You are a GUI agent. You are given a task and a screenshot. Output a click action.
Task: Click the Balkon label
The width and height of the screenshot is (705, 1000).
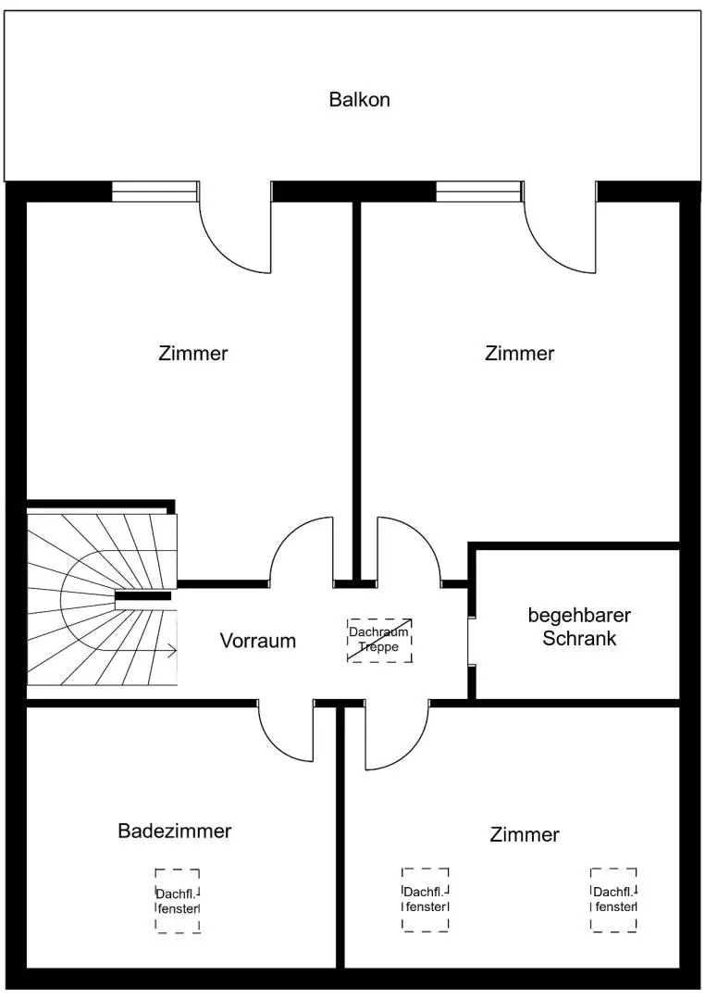tap(359, 100)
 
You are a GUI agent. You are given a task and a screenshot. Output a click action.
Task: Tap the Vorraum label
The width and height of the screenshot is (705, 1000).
tap(258, 640)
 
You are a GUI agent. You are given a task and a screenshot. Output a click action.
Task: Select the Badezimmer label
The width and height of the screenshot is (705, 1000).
tap(174, 831)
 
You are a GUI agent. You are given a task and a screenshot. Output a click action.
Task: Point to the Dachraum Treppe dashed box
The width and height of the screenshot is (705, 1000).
tap(379, 640)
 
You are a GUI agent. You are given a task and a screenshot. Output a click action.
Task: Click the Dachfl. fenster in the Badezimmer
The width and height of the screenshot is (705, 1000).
tap(178, 901)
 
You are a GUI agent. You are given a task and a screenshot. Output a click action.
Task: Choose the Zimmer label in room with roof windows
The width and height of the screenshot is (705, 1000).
tap(525, 835)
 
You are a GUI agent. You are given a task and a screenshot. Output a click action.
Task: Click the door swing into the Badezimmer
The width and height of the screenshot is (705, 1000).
tap(287, 731)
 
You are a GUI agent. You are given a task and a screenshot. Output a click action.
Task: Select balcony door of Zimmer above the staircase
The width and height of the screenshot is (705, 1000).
tap(237, 231)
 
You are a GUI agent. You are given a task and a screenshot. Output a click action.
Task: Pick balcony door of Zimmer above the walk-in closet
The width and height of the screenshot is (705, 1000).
tap(561, 231)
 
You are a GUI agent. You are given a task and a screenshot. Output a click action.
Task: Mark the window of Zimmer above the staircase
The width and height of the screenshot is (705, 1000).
tap(155, 191)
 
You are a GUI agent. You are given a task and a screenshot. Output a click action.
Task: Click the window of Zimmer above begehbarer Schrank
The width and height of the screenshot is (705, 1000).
tap(478, 191)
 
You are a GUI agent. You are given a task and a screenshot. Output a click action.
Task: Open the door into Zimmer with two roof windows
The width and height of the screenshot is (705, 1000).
tap(398, 736)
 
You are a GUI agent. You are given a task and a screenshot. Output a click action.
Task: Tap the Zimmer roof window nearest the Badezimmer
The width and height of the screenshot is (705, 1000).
tap(425, 899)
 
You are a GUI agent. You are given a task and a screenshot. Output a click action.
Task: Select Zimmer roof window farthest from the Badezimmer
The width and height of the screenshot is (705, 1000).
tap(614, 899)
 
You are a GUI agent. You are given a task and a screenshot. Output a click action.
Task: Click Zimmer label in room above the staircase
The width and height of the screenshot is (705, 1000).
tap(192, 354)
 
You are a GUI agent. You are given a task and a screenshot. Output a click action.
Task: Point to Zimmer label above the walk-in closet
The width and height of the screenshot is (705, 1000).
tap(519, 354)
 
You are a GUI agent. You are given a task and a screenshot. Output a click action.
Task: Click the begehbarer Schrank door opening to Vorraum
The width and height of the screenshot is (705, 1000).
tap(471, 640)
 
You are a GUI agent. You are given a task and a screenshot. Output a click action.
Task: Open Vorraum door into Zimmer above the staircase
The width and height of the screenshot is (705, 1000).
tap(301, 552)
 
